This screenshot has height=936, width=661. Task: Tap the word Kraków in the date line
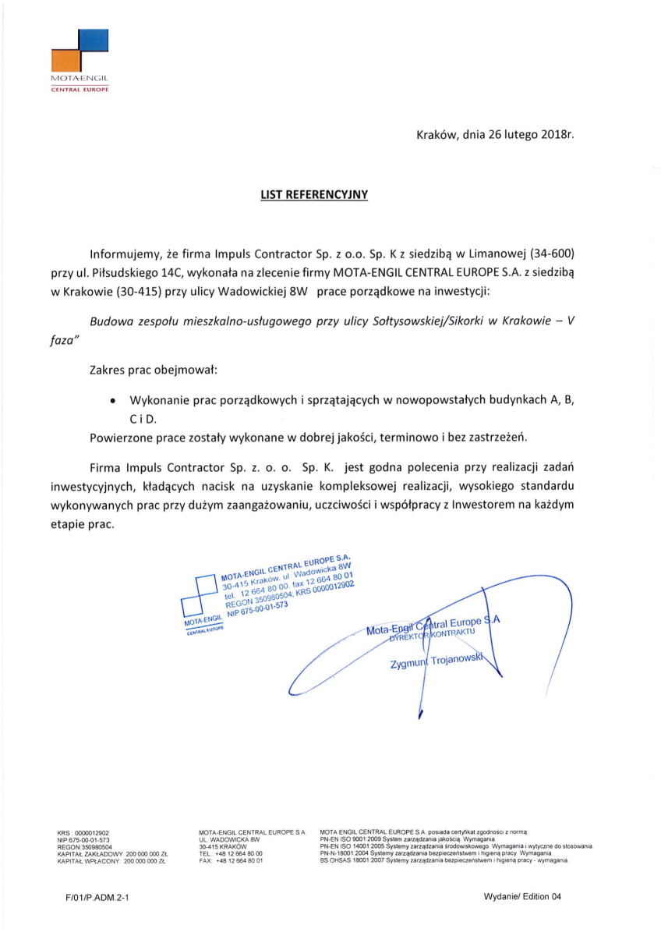(437, 135)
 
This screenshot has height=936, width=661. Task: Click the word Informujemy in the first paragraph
(125, 254)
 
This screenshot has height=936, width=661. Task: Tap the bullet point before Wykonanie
(114, 400)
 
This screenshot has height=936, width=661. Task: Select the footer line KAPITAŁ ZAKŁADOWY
(114, 855)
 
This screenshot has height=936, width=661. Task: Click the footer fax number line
(231, 860)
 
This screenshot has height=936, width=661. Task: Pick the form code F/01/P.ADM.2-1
(97, 898)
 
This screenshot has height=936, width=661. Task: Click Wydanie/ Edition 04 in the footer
(522, 897)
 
